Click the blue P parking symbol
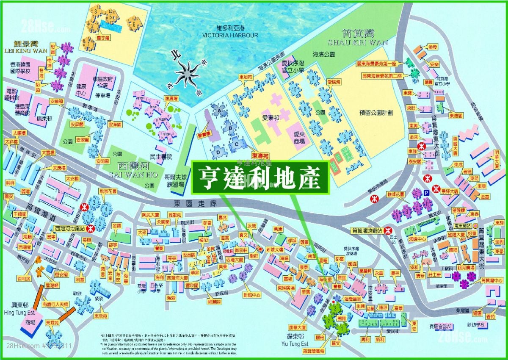[x=426, y=193]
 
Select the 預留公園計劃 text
[x=376, y=113]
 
